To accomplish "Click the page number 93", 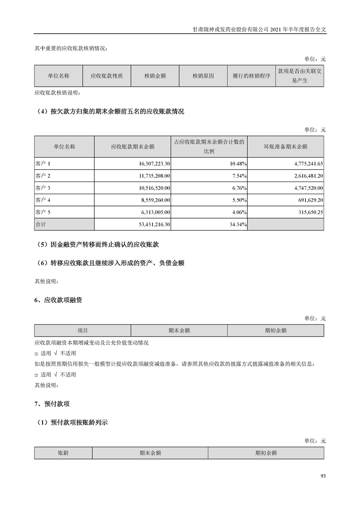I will (x=323, y=476).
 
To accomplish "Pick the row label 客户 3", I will (x=43, y=188).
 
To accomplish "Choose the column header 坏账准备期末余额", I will (x=286, y=147).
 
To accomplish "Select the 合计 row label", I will (x=41, y=225).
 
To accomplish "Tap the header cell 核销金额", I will (x=155, y=76).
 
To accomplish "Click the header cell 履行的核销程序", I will (x=251, y=76).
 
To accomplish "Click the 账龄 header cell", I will (x=64, y=453).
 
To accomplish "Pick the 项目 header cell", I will (x=83, y=331).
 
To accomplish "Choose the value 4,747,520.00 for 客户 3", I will (x=306, y=188).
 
